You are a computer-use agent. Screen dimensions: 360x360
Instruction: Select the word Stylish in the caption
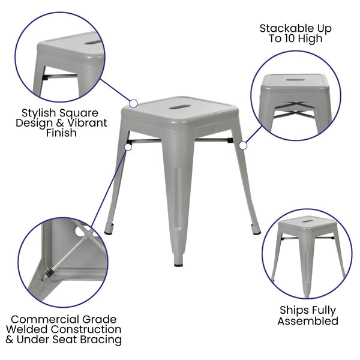click(x=43, y=113)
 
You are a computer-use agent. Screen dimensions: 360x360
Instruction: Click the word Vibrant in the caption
click(x=86, y=123)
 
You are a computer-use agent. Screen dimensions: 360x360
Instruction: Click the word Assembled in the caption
click(x=308, y=321)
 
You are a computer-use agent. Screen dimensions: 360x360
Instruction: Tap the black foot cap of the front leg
click(x=179, y=262)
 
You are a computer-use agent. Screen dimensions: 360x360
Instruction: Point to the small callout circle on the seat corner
click(x=133, y=103)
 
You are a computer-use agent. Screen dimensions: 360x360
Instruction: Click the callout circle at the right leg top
click(x=242, y=145)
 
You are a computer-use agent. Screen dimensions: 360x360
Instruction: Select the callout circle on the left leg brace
click(x=127, y=145)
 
